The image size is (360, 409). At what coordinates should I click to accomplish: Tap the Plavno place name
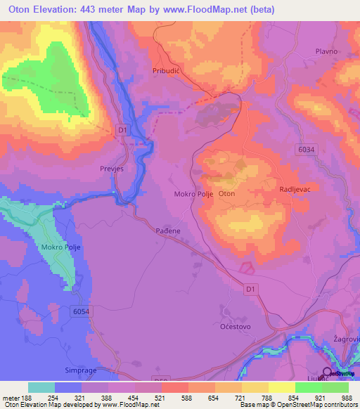327,51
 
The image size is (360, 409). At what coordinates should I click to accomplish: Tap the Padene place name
169,230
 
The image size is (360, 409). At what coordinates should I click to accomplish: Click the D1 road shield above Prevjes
123,130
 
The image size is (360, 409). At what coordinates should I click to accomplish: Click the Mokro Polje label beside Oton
193,193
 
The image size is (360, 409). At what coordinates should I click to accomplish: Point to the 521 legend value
162,398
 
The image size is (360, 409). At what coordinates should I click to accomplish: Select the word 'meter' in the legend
11,398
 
